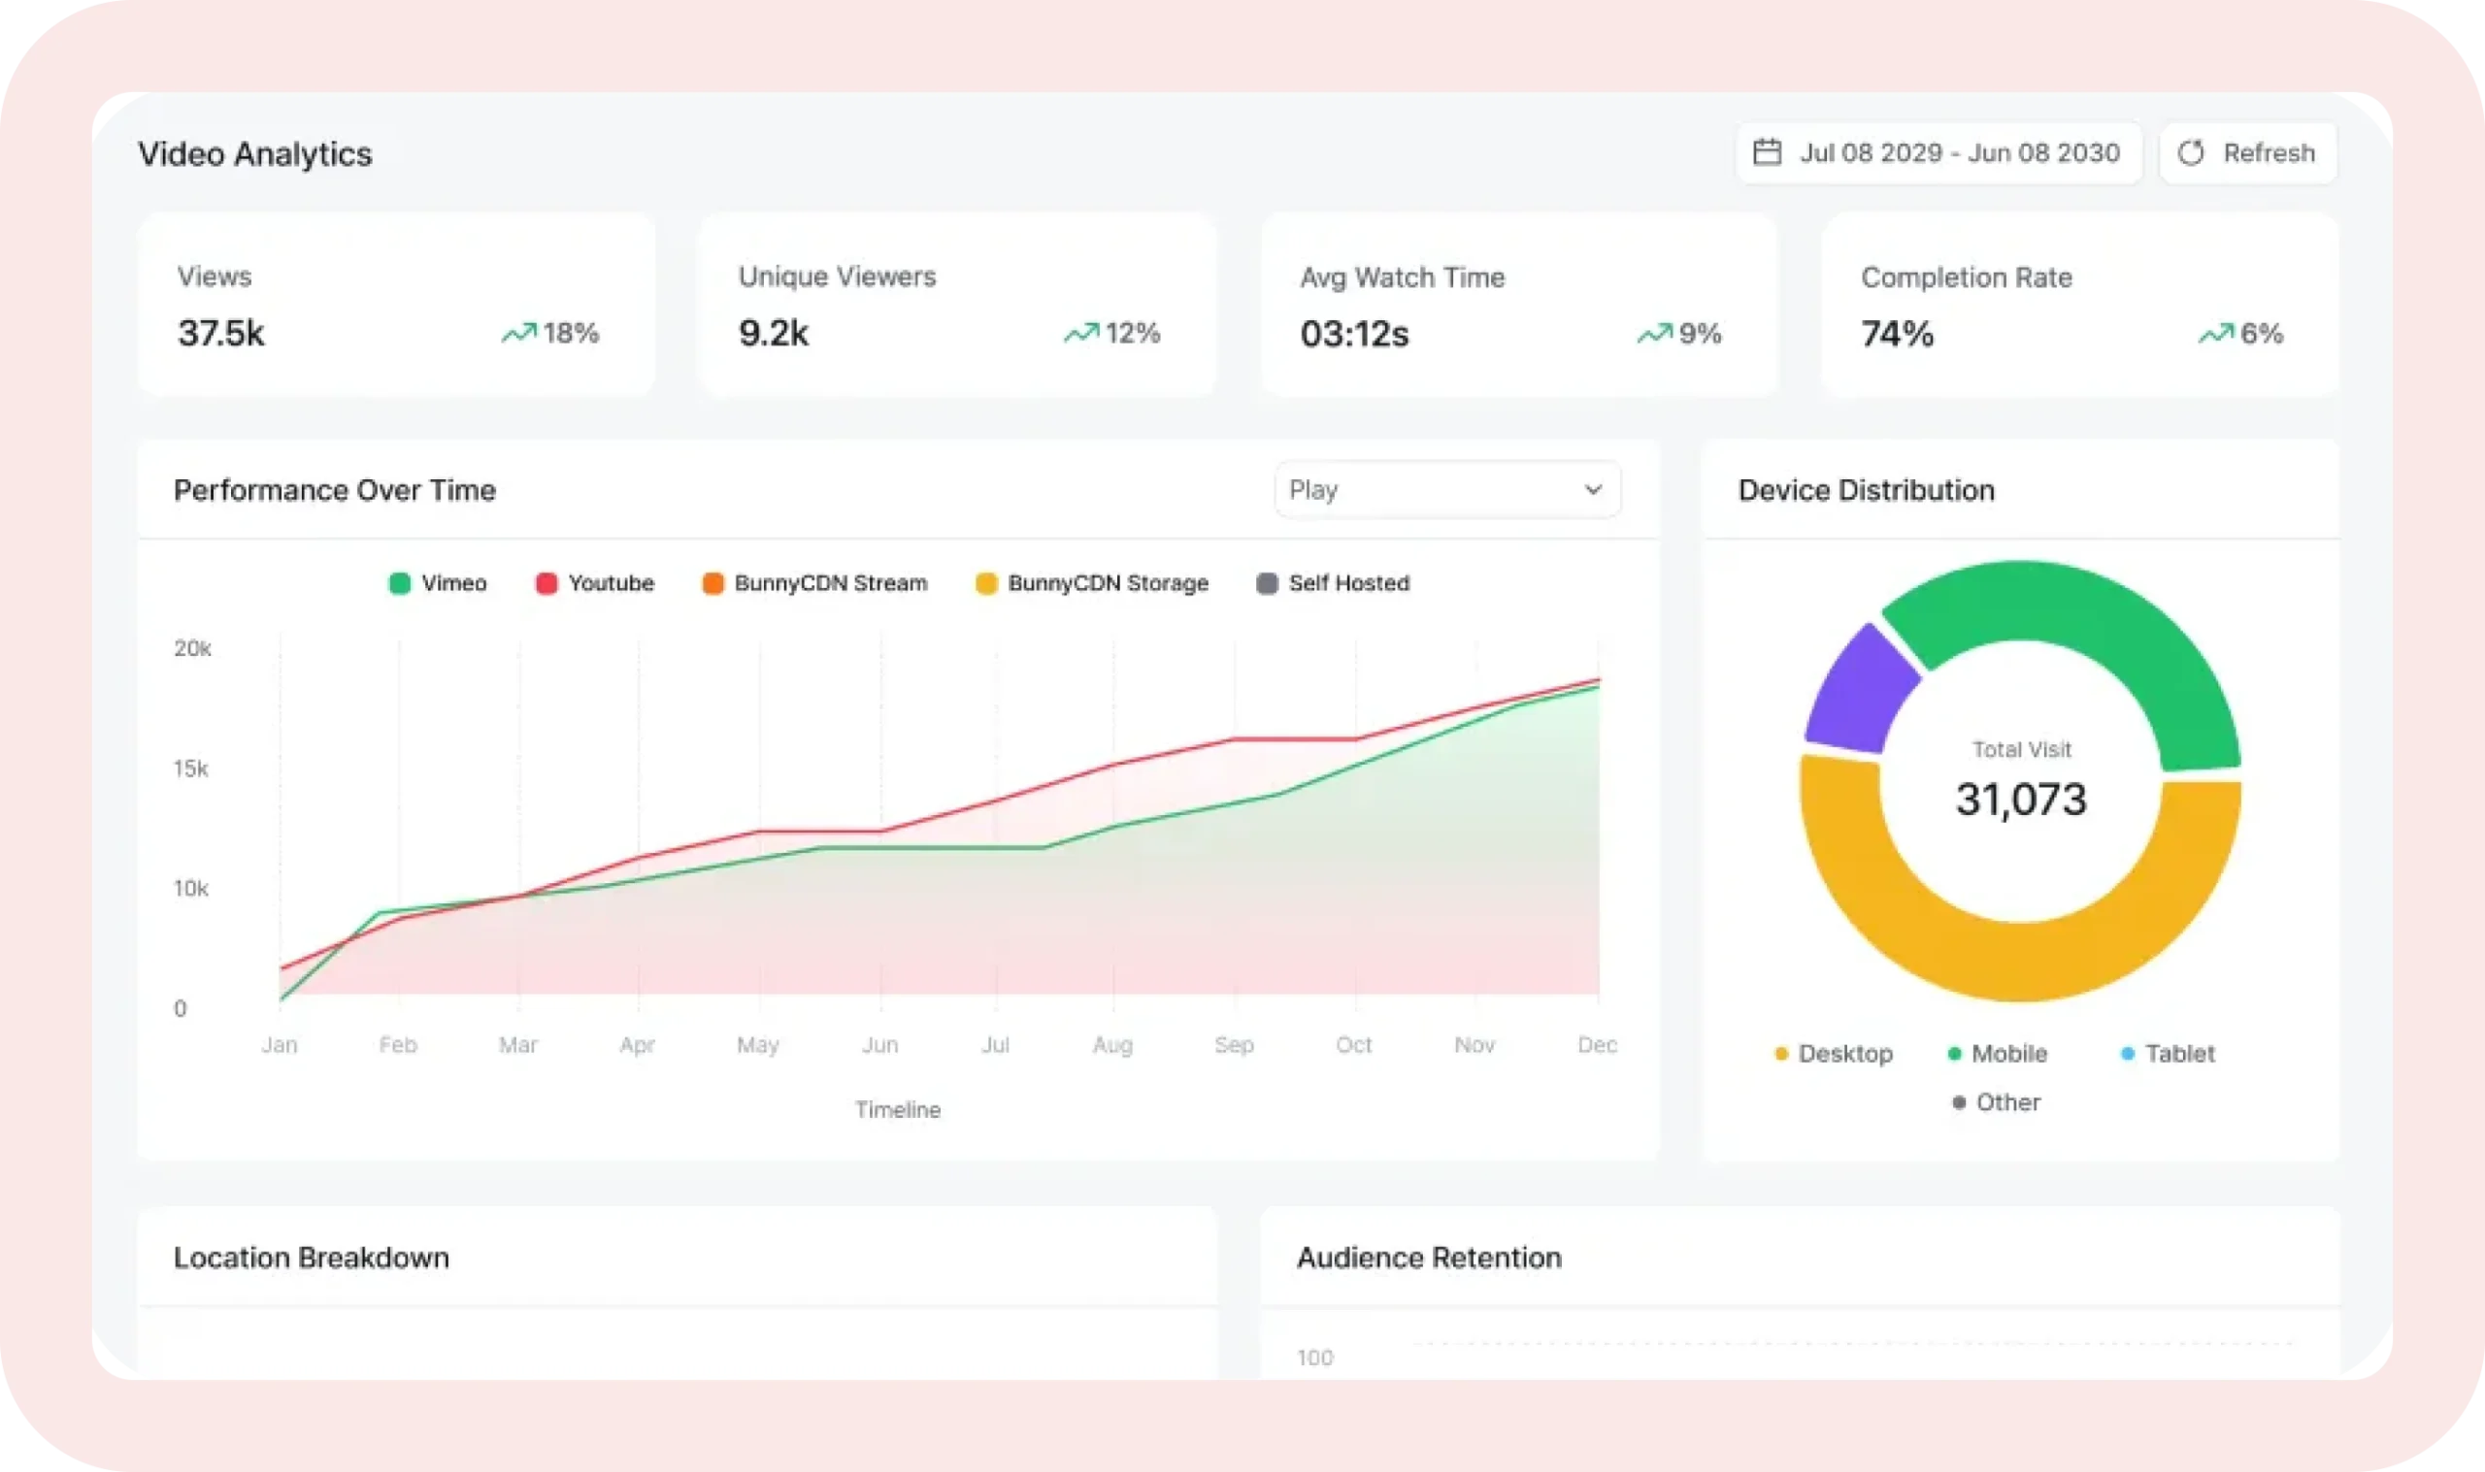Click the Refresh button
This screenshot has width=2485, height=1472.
[2247, 152]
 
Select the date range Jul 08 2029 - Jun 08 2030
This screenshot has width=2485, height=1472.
[1938, 152]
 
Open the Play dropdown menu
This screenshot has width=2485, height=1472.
[1447, 489]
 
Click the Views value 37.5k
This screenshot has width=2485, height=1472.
[221, 333]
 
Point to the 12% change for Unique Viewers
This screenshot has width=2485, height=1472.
[1112, 333]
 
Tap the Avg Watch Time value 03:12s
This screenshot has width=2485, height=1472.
[1354, 334]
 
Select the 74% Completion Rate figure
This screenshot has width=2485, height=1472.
[1897, 334]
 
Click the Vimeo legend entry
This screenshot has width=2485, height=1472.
[438, 583]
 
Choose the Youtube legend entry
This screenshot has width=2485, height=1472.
[595, 583]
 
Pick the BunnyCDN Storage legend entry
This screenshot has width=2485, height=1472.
[1092, 583]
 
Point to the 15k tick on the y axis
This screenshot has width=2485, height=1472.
[191, 769]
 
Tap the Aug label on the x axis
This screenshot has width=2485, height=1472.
[1113, 1044]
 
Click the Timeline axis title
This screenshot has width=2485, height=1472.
[898, 1109]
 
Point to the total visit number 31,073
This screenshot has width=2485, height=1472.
[2021, 800]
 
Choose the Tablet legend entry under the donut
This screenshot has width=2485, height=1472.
[2168, 1054]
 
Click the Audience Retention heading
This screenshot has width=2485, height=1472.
[1430, 1258]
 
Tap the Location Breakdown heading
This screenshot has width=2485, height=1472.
[312, 1258]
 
